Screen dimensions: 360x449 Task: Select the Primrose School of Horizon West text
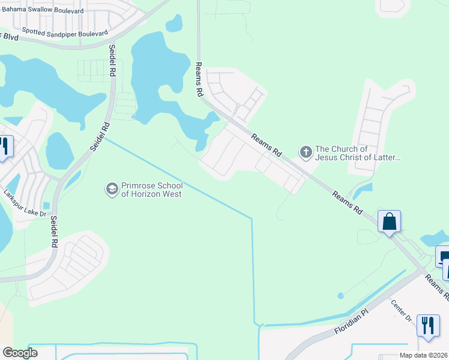point(152,190)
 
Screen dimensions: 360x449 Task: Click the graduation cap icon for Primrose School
point(111,190)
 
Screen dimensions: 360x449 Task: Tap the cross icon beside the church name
point(306,152)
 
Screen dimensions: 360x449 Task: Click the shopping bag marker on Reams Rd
point(390,222)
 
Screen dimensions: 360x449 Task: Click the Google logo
point(20,353)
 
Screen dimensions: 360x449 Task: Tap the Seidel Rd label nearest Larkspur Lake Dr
point(53,232)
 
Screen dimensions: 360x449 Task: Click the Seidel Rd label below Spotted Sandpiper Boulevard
point(112,60)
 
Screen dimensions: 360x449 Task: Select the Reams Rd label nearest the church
point(267,145)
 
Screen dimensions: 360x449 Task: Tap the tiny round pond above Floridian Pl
point(341,296)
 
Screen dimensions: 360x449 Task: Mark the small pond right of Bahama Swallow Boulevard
point(173,23)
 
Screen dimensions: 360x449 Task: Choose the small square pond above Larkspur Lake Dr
point(46,206)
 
